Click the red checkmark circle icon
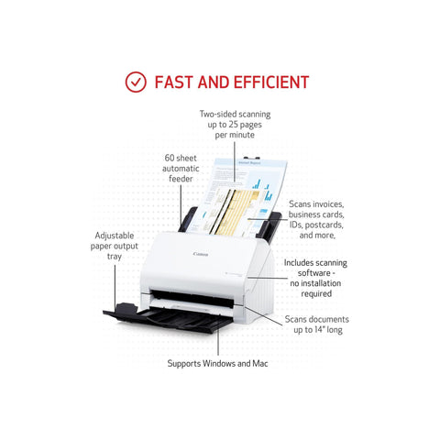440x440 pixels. (136, 82)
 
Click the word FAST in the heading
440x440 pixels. (174, 82)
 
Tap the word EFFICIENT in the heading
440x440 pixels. (271, 82)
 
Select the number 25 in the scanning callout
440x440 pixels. (234, 125)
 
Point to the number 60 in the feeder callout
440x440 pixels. (170, 158)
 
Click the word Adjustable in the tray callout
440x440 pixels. (115, 236)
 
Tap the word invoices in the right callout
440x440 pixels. (328, 204)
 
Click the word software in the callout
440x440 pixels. (313, 273)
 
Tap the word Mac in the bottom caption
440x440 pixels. (260, 364)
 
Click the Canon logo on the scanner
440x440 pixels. (201, 254)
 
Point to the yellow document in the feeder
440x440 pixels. (236, 213)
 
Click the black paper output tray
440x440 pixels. (168, 318)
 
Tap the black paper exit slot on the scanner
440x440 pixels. (192, 299)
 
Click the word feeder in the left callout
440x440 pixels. (181, 179)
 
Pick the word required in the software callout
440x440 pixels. (316, 294)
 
